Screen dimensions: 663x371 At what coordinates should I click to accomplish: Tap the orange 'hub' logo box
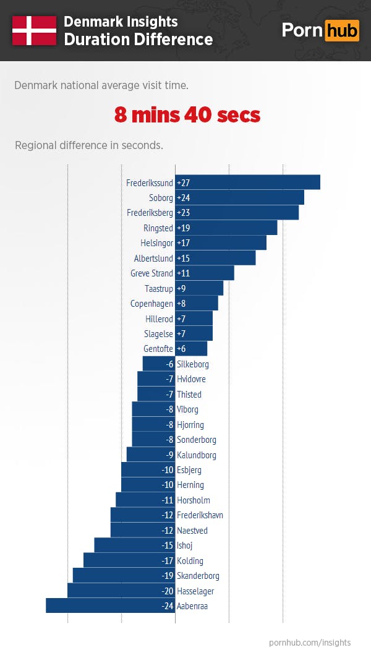click(341, 30)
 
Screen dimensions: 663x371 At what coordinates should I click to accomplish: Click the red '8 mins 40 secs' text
click(187, 115)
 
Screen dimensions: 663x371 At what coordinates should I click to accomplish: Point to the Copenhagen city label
click(151, 304)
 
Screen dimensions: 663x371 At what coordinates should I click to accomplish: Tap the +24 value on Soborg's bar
click(183, 198)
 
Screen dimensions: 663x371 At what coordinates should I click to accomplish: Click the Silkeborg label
click(192, 364)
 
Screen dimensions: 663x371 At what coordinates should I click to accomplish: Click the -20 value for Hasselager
click(167, 591)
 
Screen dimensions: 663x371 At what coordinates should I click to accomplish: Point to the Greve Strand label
click(151, 273)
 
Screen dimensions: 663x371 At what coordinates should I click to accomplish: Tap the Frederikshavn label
click(200, 515)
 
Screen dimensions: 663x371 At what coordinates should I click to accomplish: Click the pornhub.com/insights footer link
click(310, 643)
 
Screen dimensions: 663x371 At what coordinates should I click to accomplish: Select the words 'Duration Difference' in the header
click(139, 40)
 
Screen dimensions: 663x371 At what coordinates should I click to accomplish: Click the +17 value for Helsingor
click(183, 243)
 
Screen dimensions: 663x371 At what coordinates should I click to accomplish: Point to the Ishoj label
click(185, 545)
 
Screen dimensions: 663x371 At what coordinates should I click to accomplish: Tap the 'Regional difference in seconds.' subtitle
click(89, 146)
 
